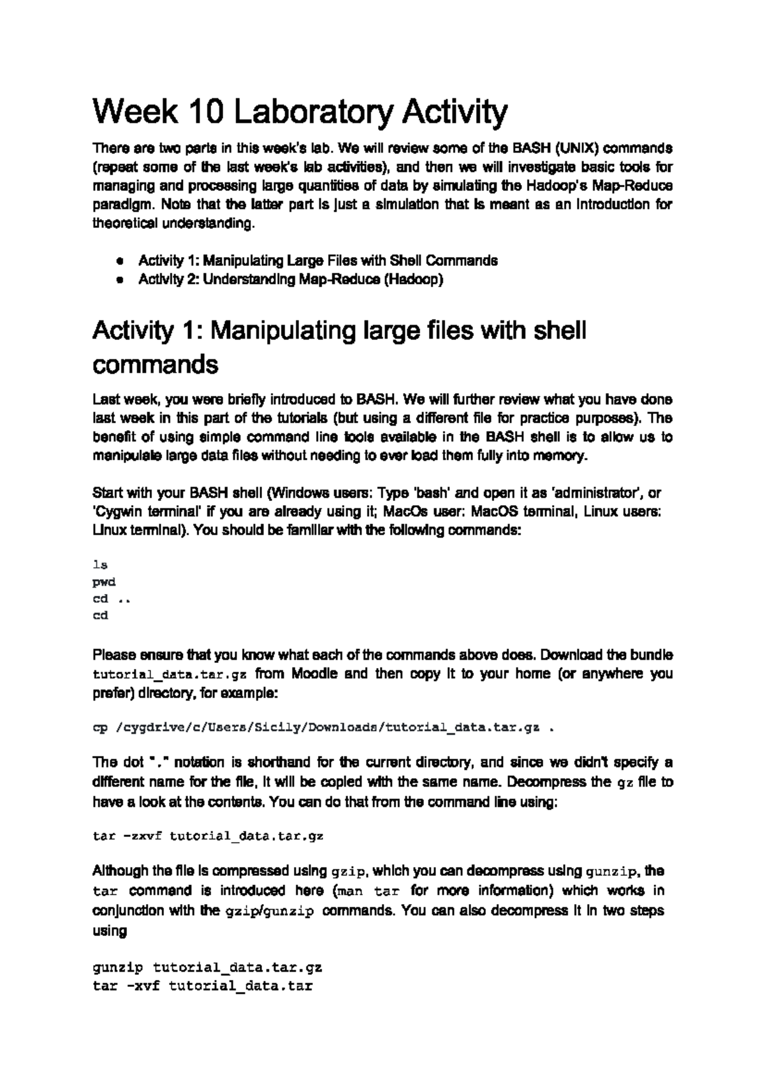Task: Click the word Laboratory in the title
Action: (314, 112)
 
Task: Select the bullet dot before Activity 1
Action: (119, 261)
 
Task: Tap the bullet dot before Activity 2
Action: (119, 280)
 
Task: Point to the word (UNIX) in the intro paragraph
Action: (576, 149)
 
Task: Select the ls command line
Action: (100, 565)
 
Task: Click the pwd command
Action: (104, 582)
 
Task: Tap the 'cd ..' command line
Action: (112, 599)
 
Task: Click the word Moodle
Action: (314, 674)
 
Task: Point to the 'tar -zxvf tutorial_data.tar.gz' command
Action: (208, 836)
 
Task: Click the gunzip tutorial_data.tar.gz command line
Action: (208, 967)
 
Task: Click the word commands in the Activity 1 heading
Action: (156, 365)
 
